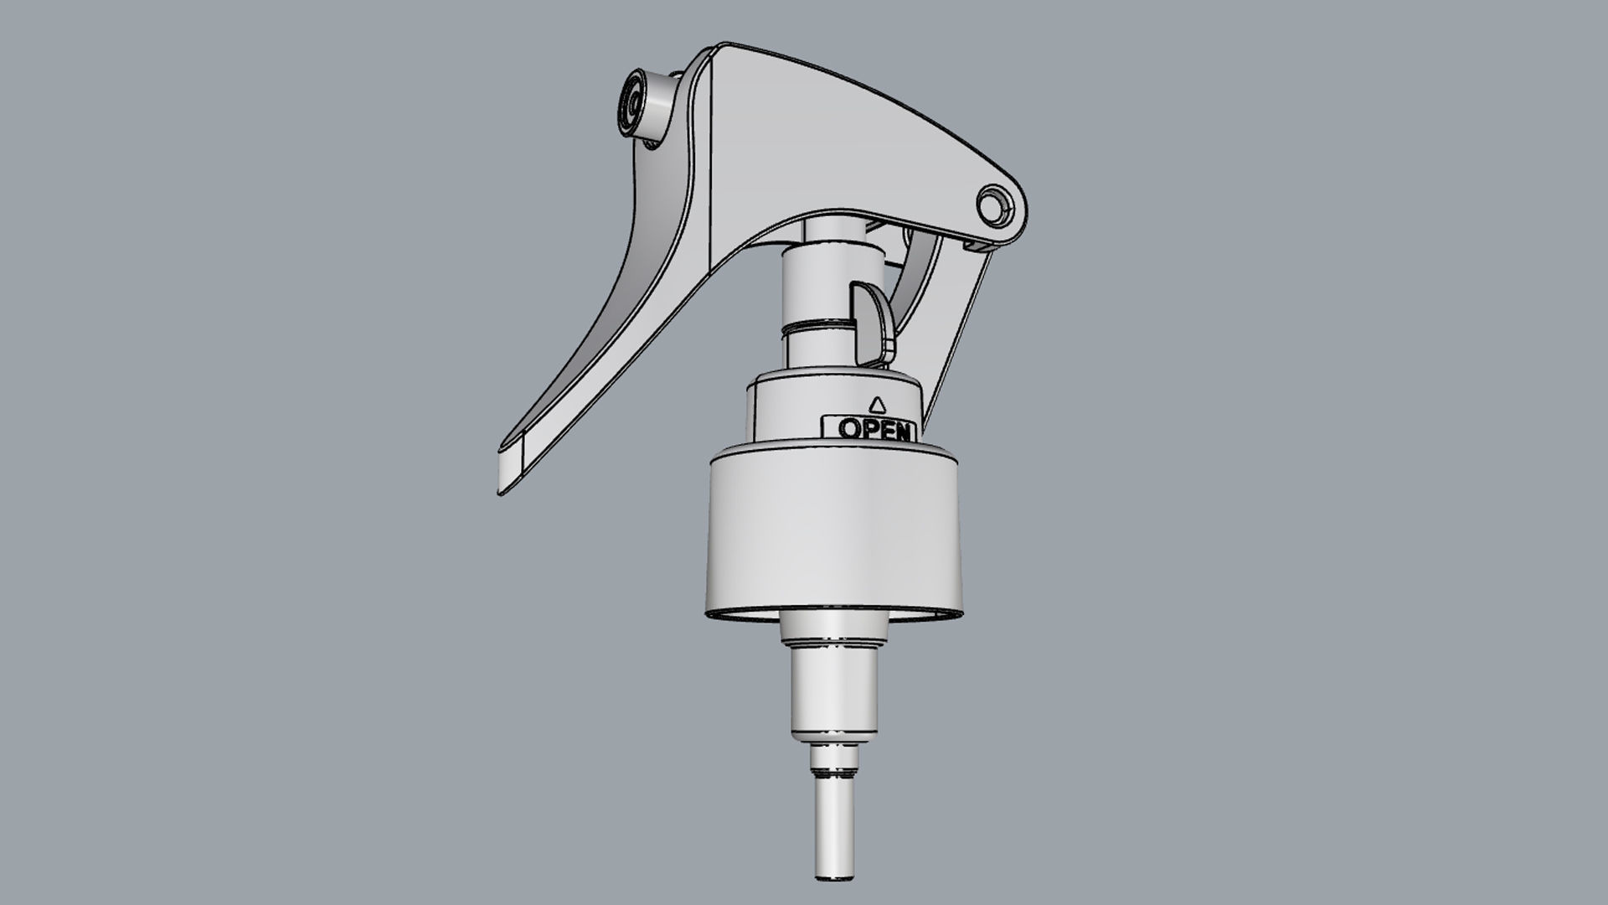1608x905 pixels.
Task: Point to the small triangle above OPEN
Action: coord(877,404)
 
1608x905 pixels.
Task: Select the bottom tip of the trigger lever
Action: coord(500,493)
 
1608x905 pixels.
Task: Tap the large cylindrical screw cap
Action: coord(833,536)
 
